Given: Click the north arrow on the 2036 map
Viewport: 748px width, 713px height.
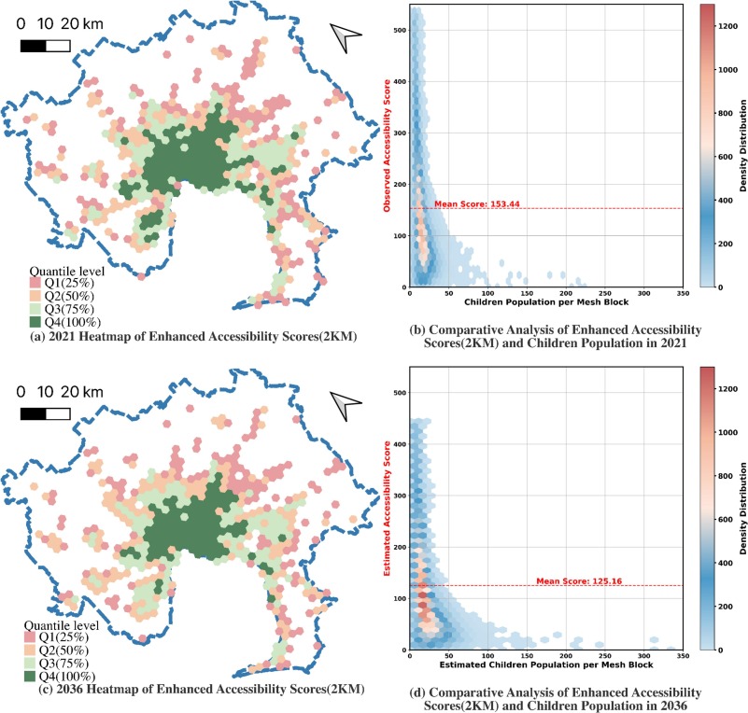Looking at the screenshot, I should (346, 403).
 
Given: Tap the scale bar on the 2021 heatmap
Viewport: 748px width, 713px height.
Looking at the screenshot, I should (45, 45).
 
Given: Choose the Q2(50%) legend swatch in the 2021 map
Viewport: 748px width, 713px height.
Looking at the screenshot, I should (36, 294).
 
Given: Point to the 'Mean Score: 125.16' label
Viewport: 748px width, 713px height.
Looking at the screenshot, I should (570, 580).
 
